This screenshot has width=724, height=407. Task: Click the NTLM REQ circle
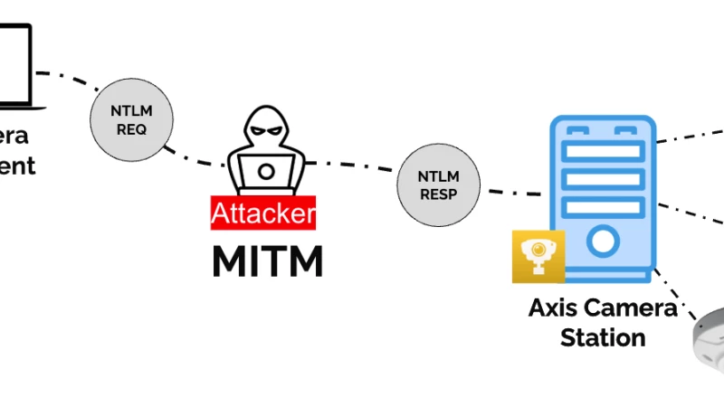point(131,120)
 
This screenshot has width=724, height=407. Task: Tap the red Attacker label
point(263,213)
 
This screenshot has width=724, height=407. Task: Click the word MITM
point(267,261)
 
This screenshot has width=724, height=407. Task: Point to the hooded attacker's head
point(266,131)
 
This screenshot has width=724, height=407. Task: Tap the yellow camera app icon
point(538,257)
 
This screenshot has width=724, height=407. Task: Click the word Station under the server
point(603,338)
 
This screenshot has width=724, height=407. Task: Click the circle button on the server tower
point(602,241)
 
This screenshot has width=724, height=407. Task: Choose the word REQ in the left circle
point(131,129)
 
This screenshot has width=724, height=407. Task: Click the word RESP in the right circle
point(438,194)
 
